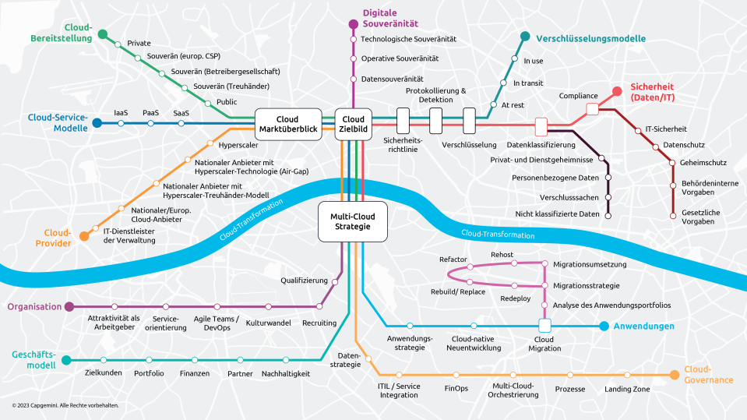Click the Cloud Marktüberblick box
(x=288, y=125)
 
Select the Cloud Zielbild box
(x=353, y=125)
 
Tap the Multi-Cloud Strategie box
(x=353, y=221)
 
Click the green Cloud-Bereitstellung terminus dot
(x=102, y=34)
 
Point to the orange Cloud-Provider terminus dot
(x=84, y=236)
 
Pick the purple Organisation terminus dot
(x=69, y=306)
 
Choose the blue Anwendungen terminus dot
(x=604, y=326)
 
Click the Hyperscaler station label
(x=238, y=145)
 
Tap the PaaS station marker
(x=150, y=123)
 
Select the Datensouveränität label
(x=392, y=79)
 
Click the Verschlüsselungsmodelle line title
(x=590, y=39)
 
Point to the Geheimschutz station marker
(x=672, y=163)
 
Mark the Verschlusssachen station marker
(x=608, y=197)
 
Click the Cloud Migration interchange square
(x=544, y=326)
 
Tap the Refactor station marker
(x=470, y=266)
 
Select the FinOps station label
(x=456, y=389)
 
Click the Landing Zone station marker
(x=627, y=375)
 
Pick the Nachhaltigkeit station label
(x=286, y=374)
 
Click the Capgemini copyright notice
(x=65, y=405)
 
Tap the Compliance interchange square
(x=592, y=109)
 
